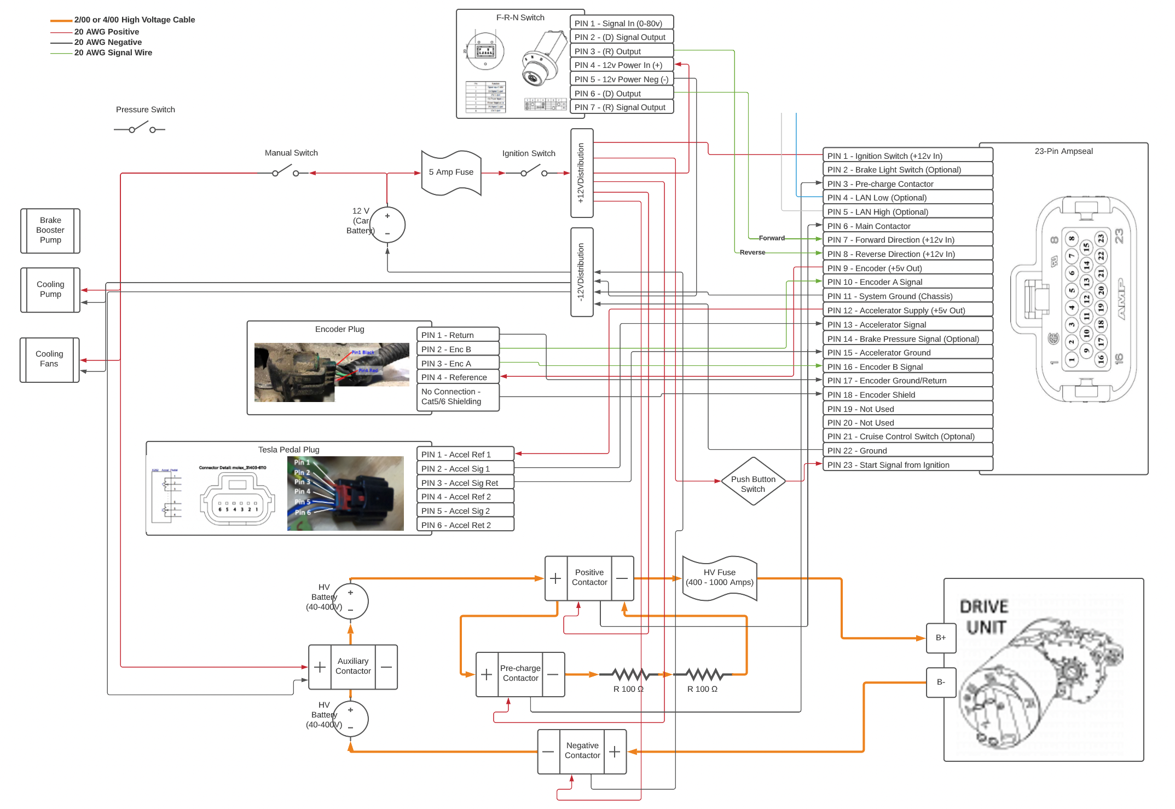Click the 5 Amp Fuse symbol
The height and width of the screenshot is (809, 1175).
point(451,173)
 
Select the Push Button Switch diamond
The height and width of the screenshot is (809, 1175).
point(753,481)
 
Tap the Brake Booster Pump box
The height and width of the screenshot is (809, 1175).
point(50,231)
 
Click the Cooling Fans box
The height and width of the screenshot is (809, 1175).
point(49,359)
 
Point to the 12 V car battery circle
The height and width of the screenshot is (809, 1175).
point(387,225)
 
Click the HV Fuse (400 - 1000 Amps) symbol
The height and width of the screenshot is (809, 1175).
point(720,578)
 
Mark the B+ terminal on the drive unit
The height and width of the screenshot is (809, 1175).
point(941,638)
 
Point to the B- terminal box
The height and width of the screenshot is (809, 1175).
point(941,682)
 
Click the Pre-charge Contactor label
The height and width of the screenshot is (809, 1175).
point(520,673)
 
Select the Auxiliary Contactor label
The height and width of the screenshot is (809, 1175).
point(353,666)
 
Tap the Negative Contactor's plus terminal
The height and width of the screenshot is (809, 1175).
point(615,751)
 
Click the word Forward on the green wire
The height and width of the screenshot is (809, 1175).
point(772,238)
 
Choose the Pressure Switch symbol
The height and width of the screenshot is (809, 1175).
point(140,129)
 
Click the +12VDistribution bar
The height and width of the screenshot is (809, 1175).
point(581,173)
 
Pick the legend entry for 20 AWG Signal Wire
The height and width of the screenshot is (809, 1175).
point(113,53)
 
